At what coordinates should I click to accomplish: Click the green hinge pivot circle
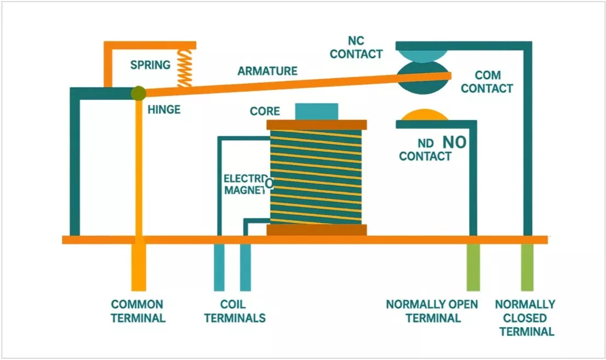point(138,93)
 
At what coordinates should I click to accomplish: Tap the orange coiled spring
point(185,68)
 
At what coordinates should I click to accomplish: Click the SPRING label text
point(150,65)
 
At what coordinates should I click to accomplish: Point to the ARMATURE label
point(267,71)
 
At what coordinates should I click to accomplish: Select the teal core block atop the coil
point(316,111)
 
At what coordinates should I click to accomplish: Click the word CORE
point(265,111)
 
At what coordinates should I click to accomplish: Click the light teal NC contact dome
point(422,55)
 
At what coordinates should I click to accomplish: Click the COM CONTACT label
point(487,82)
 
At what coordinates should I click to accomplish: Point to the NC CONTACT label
point(356,48)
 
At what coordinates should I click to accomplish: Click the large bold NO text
point(454,142)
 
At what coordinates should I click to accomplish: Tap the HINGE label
point(163,110)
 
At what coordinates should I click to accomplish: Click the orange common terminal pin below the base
point(139,267)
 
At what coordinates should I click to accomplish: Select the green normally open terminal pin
point(473,267)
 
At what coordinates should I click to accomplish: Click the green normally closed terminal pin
point(527,267)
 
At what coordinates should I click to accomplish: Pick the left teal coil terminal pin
point(219,267)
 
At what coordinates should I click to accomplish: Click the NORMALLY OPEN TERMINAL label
point(432,311)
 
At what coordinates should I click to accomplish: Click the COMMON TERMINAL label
point(138,311)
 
